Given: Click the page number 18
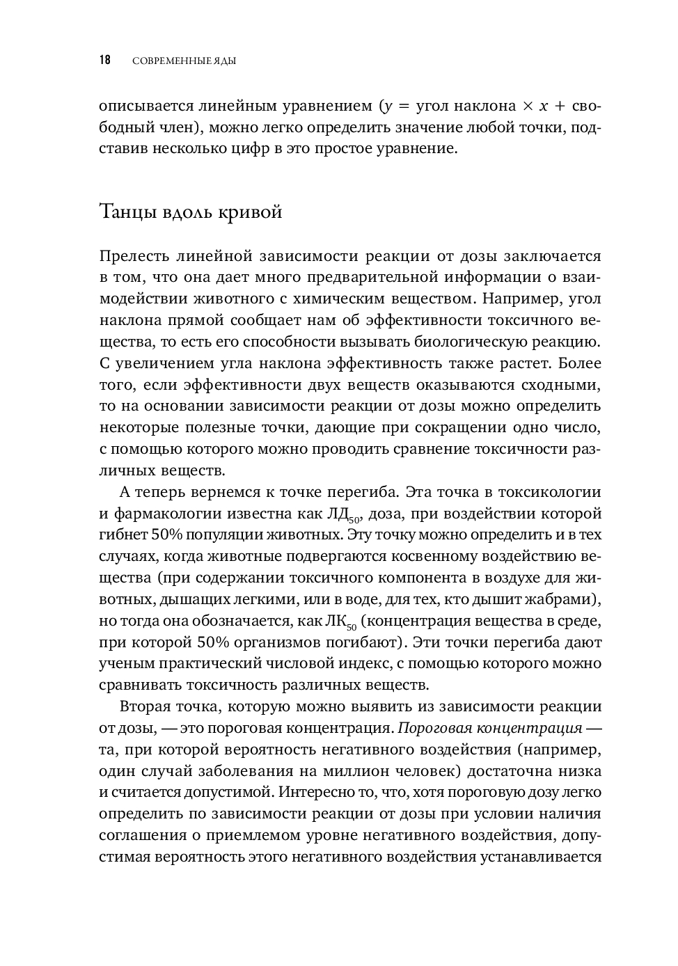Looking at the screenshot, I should pos(105,61).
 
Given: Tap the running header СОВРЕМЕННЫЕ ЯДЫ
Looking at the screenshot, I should pos(184,61).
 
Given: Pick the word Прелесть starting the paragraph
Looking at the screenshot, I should pos(135,255).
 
